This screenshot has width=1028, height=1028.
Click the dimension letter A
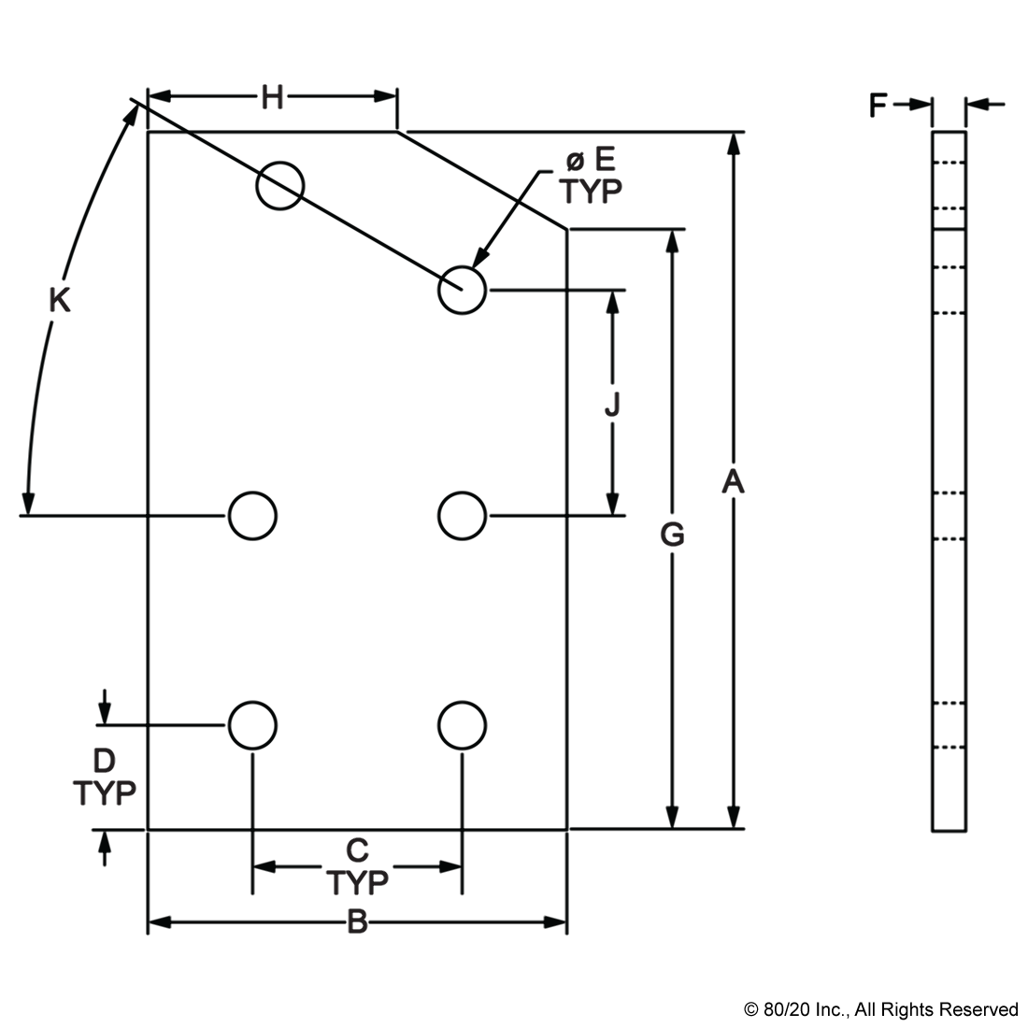coord(733,481)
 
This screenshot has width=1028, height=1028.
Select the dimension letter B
coord(357,921)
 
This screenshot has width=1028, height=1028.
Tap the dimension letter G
coord(672,535)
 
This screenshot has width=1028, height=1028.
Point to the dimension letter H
coord(272,97)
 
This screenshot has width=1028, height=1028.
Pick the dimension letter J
coord(612,405)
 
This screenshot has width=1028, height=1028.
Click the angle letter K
coord(60,301)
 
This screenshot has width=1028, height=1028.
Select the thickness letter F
coord(878,105)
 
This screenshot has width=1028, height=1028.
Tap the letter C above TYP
coord(357,850)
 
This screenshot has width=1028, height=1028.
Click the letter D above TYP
coord(104,761)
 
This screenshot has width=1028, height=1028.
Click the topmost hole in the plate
coord(280,186)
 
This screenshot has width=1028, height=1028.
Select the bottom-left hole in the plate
coord(252,725)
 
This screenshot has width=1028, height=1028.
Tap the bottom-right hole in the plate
coord(463,725)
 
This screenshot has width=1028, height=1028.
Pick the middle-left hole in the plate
coord(252,515)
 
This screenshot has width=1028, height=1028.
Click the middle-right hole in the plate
coord(463,515)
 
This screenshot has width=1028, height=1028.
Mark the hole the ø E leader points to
coord(463,290)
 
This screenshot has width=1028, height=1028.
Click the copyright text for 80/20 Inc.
coord(880,1009)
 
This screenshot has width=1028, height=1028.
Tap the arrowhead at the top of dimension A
coord(734,143)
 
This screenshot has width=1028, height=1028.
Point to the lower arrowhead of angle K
coord(27,504)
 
